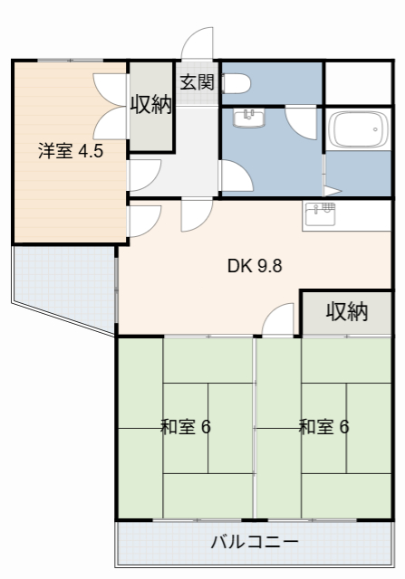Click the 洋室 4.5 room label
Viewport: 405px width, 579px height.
coord(70,151)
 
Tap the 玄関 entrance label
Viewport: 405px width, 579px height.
coord(196,82)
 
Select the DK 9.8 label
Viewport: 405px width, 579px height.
coord(256,267)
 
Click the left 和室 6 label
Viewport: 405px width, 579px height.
coord(185,426)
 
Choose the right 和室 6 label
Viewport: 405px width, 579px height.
coord(323,426)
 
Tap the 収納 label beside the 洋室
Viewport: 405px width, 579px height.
coord(150,105)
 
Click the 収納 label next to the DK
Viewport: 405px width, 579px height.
coord(347,312)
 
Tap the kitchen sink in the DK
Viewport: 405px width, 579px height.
coord(320,214)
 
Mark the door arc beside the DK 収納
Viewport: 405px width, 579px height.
coord(280,319)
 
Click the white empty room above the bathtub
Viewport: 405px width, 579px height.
coord(357,82)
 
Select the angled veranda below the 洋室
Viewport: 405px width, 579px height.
coord(63,276)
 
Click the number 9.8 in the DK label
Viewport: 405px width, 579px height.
coord(269,267)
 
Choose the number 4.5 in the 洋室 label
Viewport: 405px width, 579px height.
coord(90,151)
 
